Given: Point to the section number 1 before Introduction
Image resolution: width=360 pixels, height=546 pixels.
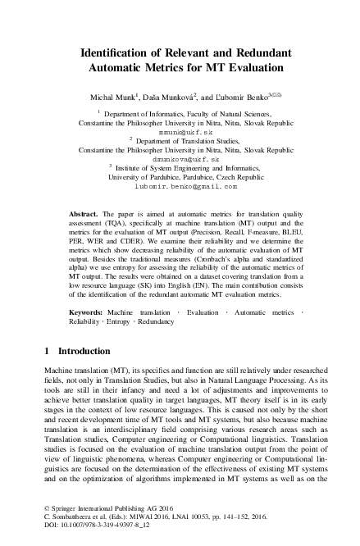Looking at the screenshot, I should pos(47,374).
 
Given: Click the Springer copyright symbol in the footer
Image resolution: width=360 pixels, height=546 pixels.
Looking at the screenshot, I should pos(46,510).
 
